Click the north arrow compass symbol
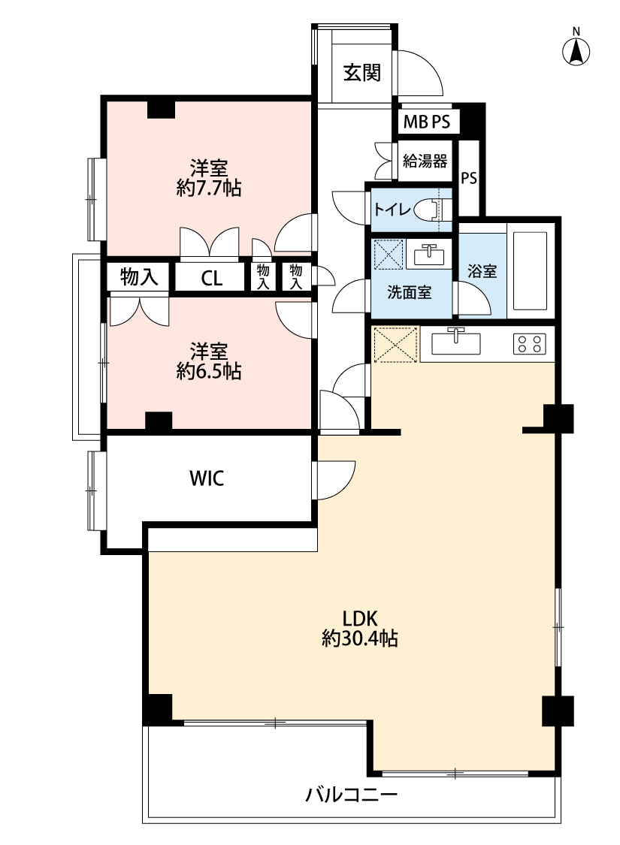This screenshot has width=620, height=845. [576, 50]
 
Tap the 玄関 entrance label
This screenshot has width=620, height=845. [362, 72]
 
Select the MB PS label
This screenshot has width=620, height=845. [426, 122]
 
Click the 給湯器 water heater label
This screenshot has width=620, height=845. [425, 161]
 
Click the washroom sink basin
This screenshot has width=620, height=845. [428, 255]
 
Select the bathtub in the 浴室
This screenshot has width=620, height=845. [530, 271]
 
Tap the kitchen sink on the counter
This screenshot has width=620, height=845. [455, 343]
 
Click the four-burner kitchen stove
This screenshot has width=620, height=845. [529, 343]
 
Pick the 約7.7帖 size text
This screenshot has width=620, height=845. [209, 188]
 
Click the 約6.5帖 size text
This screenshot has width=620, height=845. [209, 371]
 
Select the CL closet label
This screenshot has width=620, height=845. [211, 278]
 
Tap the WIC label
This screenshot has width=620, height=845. [207, 478]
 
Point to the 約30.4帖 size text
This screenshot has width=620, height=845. [359, 638]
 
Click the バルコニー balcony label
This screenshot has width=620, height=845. [352, 794]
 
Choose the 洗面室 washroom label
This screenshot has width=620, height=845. [409, 293]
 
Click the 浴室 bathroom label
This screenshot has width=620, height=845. [482, 270]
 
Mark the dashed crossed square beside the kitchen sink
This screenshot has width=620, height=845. [395, 344]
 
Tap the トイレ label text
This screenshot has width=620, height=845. [392, 209]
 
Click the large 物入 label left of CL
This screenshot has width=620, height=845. [139, 277]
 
